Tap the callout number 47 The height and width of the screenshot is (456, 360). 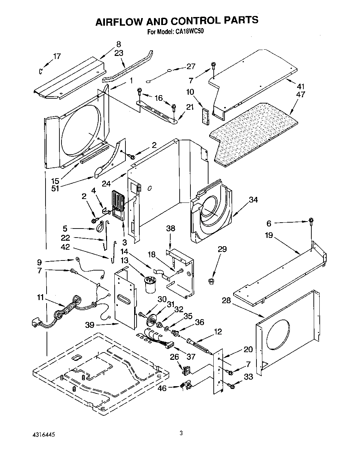(x=301, y=94)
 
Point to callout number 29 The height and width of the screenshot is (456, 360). (x=222, y=249)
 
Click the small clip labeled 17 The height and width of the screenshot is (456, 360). (x=41, y=71)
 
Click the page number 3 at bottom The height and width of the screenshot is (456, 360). (x=181, y=433)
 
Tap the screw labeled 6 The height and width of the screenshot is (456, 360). (x=311, y=220)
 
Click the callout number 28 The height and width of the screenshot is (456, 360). (x=226, y=300)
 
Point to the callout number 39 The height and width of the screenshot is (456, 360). (x=90, y=325)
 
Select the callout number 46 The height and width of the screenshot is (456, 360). (x=162, y=388)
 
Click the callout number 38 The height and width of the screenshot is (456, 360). (x=171, y=228)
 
